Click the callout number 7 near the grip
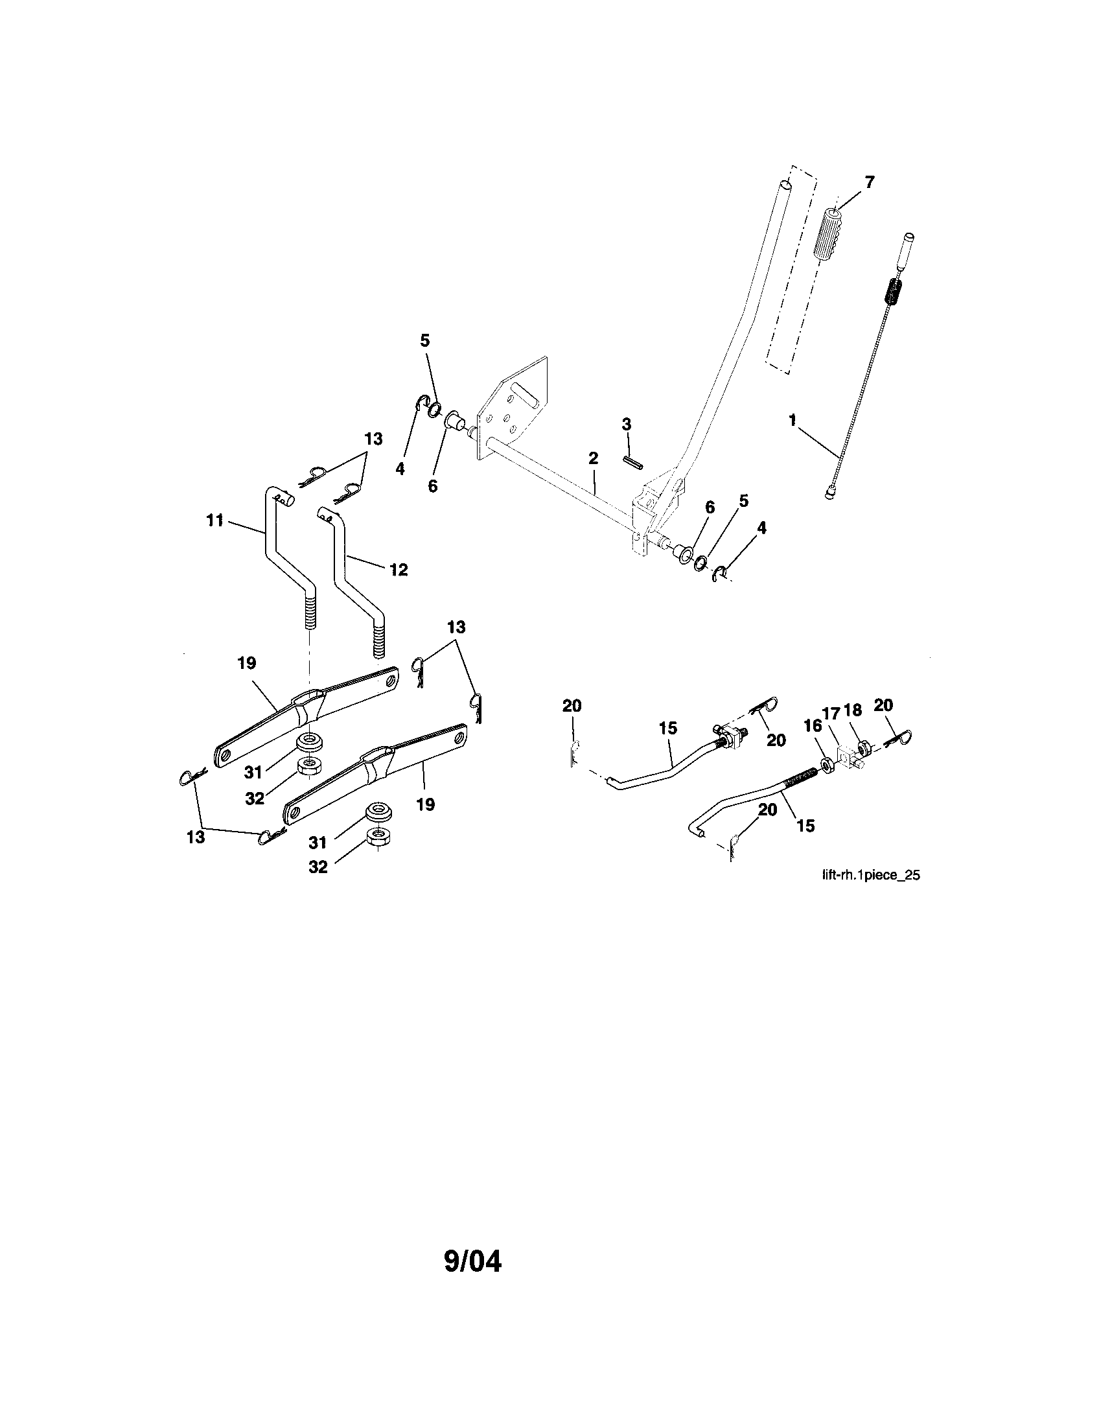point(869,182)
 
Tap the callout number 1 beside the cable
point(792,421)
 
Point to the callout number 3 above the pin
point(627,425)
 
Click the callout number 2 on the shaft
point(592,459)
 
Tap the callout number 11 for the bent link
point(215,520)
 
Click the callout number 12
point(398,569)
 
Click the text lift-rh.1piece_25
point(871,876)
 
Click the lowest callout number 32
point(318,868)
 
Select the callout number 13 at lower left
point(196,837)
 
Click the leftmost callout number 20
point(572,706)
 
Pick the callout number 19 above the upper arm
point(247,662)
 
